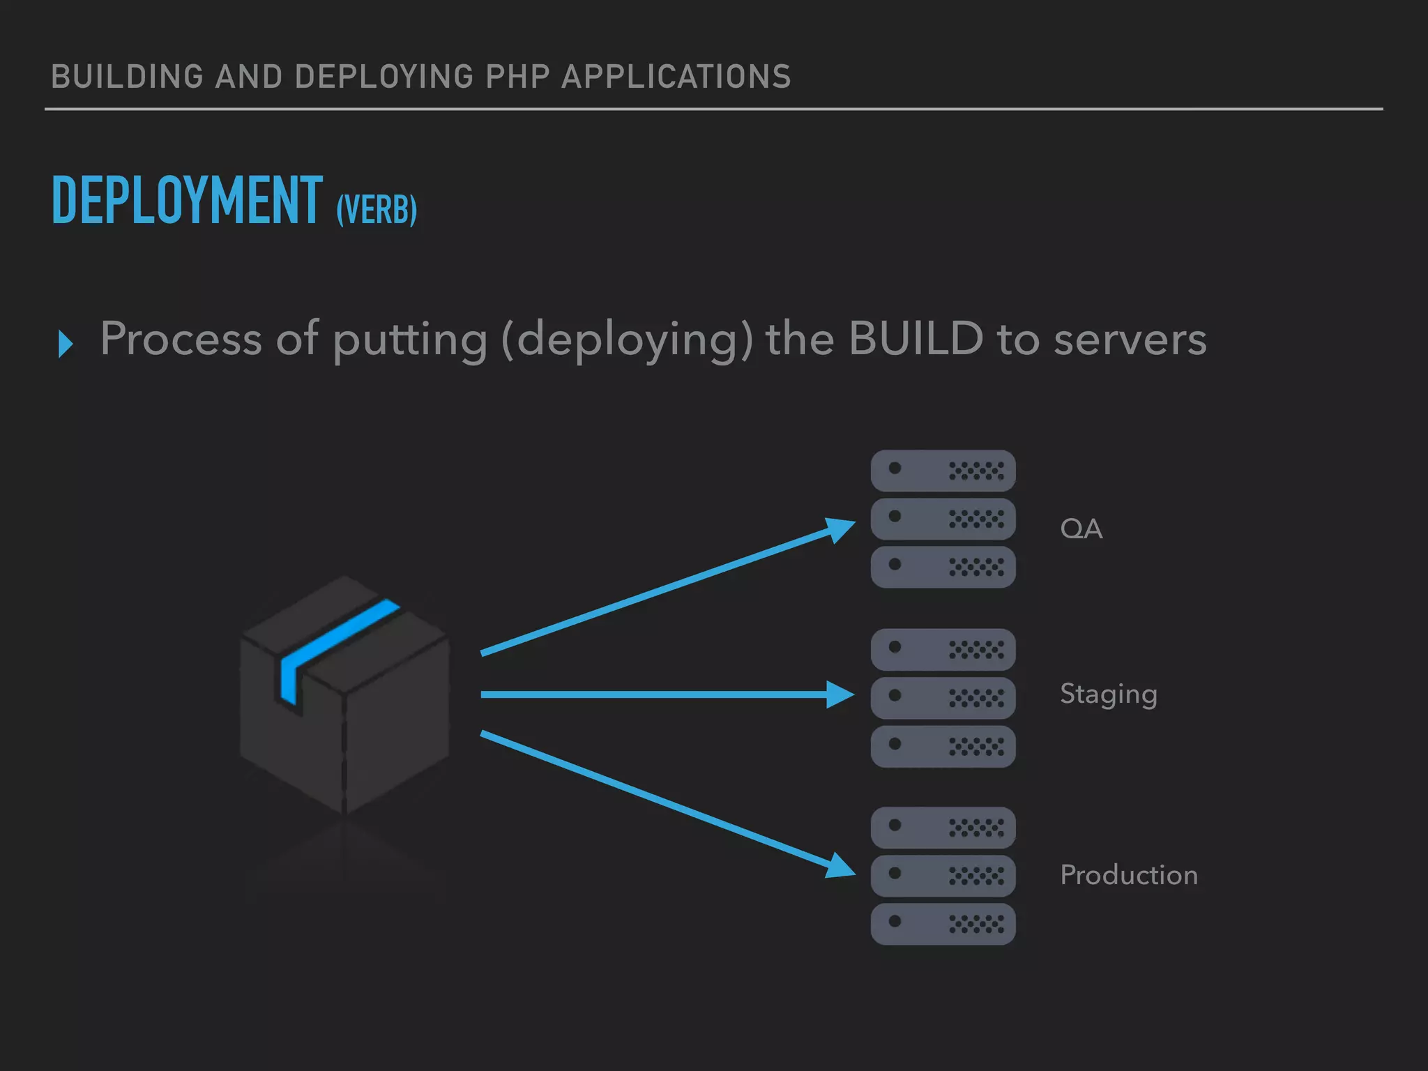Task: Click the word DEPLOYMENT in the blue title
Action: click(187, 201)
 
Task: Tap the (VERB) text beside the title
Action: click(377, 209)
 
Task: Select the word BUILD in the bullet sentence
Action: click(916, 339)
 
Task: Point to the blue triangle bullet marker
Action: click(66, 344)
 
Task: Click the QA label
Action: click(1081, 529)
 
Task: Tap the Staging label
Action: click(1108, 694)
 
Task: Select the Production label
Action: click(1128, 875)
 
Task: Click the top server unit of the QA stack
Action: click(943, 471)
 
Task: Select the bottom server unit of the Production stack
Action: click(943, 924)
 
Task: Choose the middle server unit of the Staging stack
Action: click(943, 698)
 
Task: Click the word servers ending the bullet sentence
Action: click(1130, 340)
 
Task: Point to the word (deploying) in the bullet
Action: click(627, 340)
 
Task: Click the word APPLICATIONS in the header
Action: click(676, 77)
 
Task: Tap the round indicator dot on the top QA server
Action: click(895, 469)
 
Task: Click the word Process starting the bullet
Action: click(181, 339)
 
